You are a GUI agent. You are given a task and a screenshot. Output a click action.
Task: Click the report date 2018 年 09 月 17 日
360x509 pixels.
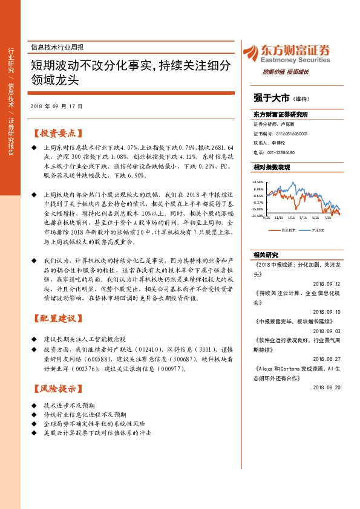(56, 106)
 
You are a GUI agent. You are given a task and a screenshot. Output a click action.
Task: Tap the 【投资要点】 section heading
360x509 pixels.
(56, 133)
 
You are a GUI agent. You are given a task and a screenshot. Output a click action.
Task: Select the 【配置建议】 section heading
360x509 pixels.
(56, 318)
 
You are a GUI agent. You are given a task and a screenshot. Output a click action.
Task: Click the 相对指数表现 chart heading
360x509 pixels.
(272, 167)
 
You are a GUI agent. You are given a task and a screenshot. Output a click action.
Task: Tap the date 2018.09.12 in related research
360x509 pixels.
(327, 282)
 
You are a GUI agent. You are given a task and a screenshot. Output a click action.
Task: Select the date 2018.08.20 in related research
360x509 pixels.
(327, 386)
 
